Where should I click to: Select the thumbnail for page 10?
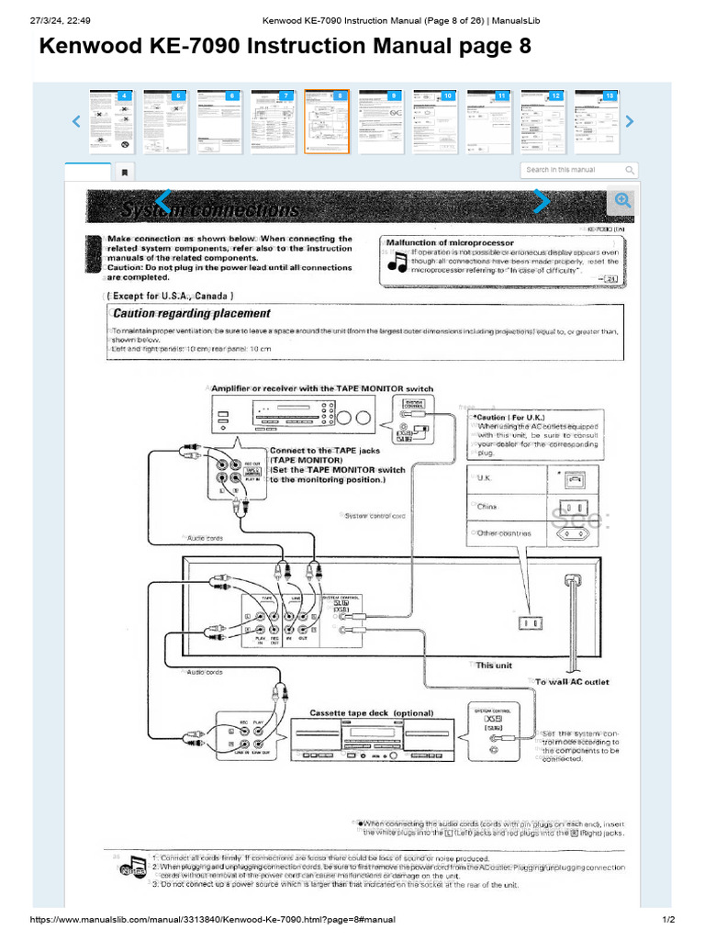click(x=434, y=121)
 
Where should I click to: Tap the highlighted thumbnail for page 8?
click(x=326, y=121)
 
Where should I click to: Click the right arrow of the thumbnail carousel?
click(x=629, y=121)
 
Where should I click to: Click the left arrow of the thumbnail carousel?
click(x=77, y=121)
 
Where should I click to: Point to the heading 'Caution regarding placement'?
click(x=191, y=313)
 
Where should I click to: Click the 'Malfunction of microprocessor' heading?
click(x=449, y=242)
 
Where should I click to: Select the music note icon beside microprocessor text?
click(x=397, y=263)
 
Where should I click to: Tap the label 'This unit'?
click(x=494, y=666)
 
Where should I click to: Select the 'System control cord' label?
click(x=375, y=516)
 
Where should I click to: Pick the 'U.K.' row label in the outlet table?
click(x=487, y=478)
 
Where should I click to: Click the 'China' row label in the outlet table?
click(x=487, y=506)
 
